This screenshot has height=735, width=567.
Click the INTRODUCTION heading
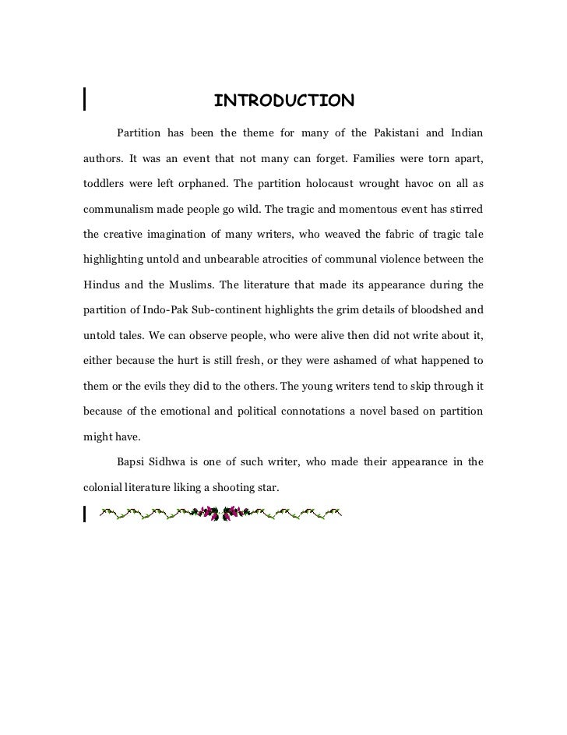click(x=283, y=101)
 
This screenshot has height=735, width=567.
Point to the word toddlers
click(x=105, y=184)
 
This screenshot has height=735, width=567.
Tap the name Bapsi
click(x=133, y=462)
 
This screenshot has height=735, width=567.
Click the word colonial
click(x=104, y=487)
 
